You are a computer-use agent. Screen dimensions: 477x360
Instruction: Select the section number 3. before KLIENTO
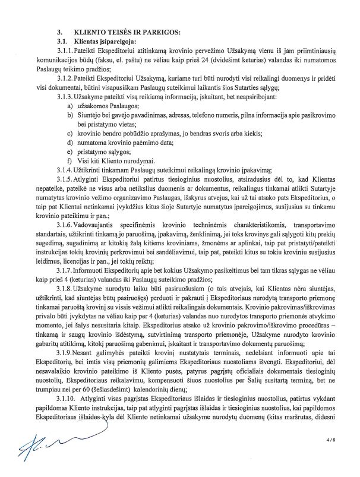click(59, 30)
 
